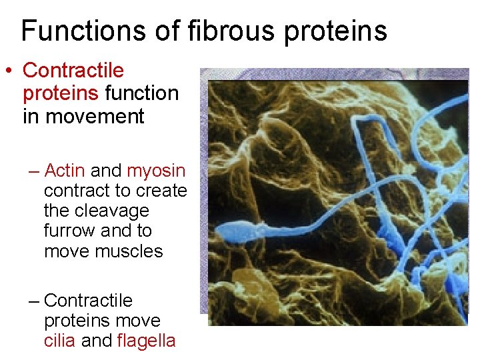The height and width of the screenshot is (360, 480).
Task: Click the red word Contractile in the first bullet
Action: point(73,71)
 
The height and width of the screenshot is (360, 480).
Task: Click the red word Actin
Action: point(64,171)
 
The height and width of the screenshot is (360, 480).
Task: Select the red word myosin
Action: point(156,171)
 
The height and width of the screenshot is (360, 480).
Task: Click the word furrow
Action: point(68,231)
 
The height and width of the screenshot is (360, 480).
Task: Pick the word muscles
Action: point(129,251)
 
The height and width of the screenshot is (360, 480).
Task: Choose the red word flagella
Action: point(146,341)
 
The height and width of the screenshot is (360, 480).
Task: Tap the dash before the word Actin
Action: point(35,171)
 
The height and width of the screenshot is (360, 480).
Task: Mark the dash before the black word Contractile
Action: point(35,301)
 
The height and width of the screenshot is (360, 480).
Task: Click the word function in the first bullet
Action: point(142,93)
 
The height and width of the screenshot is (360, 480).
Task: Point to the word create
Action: point(161,191)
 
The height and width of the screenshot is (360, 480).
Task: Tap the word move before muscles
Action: point(67,251)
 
